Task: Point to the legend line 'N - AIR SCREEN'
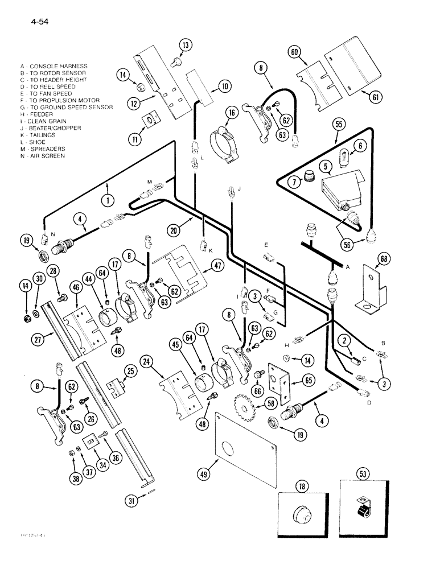point(42,155)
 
